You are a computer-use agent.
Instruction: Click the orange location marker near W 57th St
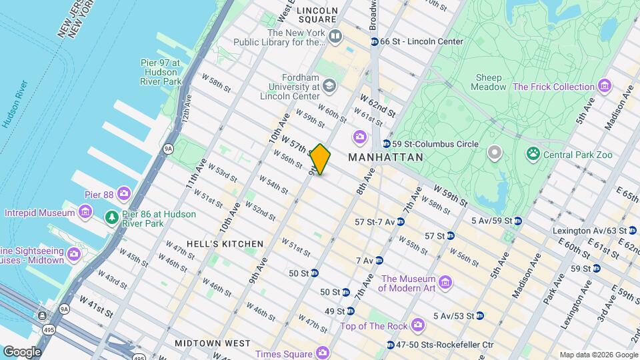coord(320,159)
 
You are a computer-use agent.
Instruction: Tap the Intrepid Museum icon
coord(85,213)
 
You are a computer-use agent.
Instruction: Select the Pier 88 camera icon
coord(123,194)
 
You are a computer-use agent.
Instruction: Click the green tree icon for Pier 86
coord(112,218)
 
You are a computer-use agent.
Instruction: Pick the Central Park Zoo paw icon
coord(533,155)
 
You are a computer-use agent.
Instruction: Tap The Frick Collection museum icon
coord(604,86)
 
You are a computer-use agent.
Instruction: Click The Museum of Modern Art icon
coord(446,283)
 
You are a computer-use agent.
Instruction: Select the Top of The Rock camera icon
coord(418,325)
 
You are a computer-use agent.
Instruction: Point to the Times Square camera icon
coord(323,353)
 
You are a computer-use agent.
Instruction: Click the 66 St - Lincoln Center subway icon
coord(375,41)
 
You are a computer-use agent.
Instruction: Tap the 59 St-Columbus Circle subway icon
coord(386,144)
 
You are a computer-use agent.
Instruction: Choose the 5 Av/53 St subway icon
coord(479,315)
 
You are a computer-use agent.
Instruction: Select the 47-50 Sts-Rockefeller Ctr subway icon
coord(391,345)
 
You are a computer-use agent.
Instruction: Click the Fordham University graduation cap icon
coord(329,86)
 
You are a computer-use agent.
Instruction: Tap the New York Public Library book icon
coord(335,36)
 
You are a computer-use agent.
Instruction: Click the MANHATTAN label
coord(385,157)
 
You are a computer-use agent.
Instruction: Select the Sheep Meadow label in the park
coord(488,82)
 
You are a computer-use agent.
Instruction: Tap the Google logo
coord(22,351)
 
